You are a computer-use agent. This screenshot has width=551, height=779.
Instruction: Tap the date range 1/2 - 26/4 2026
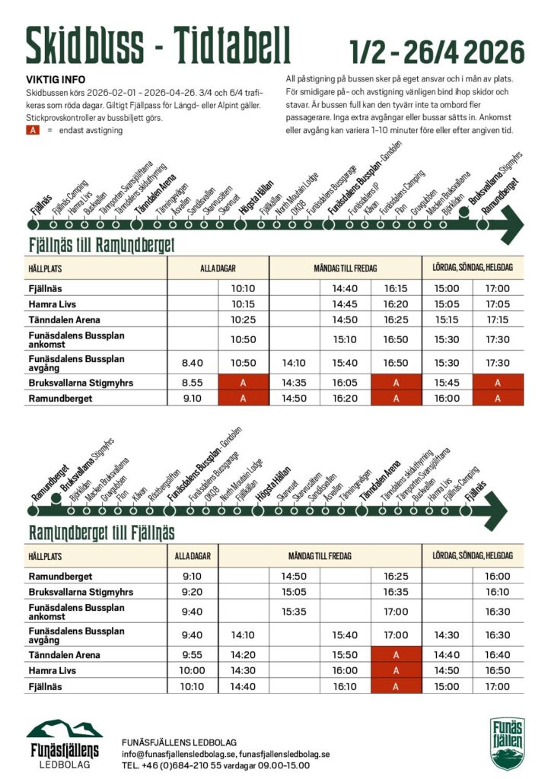437,52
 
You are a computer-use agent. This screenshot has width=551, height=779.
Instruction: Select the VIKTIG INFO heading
56,78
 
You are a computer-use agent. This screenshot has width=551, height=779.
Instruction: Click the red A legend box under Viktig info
33,131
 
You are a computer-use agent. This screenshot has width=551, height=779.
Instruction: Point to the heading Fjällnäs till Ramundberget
101,245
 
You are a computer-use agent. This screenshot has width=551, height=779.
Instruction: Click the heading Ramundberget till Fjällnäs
101,533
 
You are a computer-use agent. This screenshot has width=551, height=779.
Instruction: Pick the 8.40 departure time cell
192,363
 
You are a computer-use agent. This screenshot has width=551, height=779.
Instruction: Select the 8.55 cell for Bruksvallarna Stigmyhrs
192,383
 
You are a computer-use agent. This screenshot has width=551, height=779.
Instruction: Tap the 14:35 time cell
295,383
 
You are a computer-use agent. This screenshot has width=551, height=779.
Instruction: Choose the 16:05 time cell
346,383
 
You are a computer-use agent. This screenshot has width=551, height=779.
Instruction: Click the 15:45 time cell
447,383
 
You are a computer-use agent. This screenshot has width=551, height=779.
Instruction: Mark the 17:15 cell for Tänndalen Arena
498,320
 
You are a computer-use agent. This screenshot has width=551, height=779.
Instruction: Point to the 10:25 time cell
243,320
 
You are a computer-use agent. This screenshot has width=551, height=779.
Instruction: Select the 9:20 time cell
193,591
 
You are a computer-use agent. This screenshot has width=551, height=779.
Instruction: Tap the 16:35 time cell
396,591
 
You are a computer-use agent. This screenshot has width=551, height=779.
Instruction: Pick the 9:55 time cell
193,654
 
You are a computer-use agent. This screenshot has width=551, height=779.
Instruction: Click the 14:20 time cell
243,654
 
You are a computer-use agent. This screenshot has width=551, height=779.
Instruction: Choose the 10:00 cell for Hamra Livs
193,670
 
